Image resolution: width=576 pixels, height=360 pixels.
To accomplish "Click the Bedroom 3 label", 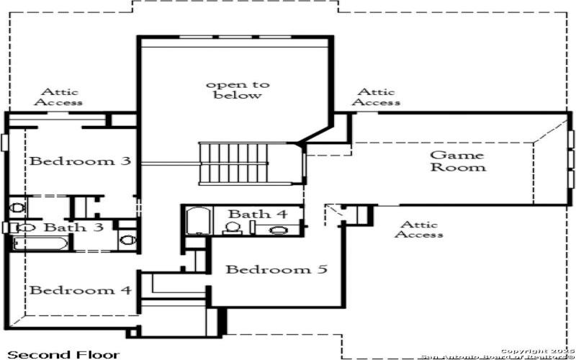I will tap(79, 161).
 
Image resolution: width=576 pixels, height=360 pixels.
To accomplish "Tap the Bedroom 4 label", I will tap(80, 290).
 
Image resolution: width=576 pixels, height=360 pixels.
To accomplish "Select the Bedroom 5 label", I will tap(276, 270).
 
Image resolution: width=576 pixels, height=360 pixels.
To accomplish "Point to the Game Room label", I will tap(457, 161).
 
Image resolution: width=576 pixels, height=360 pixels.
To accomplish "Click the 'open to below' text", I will tap(238, 90).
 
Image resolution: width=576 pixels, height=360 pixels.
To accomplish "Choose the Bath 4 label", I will tap(257, 215).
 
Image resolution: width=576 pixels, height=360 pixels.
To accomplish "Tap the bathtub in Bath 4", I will tap(196, 221).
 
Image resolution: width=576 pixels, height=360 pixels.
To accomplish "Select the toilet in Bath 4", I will tap(233, 228).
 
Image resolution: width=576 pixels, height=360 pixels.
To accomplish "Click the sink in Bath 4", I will tap(277, 230).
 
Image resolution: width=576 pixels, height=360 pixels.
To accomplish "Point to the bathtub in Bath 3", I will tap(40, 243).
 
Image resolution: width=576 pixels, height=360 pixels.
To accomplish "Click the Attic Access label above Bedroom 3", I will tap(60, 96).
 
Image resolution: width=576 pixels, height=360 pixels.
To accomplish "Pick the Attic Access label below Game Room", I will tap(420, 230).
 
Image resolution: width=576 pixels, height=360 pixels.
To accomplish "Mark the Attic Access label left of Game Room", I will tap(376, 96).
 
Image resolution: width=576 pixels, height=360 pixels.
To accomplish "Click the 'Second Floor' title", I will tap(53, 354).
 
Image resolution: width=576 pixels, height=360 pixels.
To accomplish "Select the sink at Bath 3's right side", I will tap(127, 240).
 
